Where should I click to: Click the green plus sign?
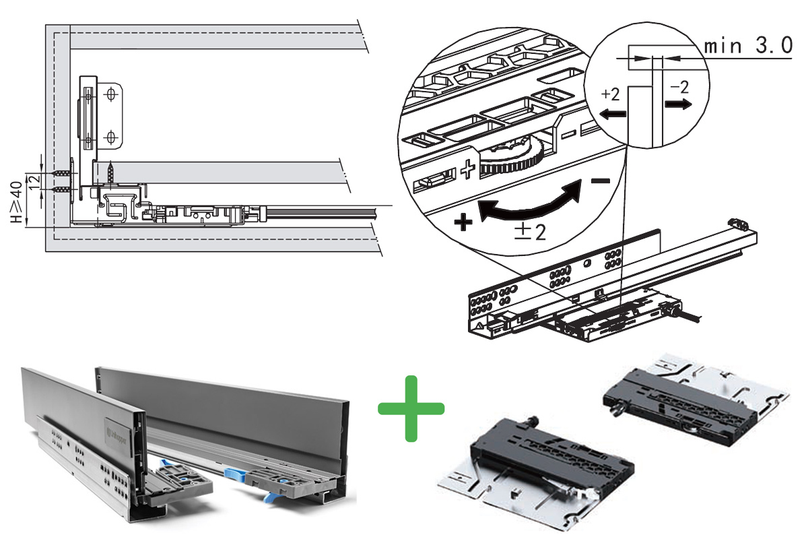[x=411, y=409]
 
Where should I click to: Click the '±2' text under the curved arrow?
[x=527, y=231]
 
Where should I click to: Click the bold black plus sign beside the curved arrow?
[x=463, y=222]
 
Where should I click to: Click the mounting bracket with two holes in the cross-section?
[x=110, y=115]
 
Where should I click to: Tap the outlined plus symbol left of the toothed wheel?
[x=469, y=170]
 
